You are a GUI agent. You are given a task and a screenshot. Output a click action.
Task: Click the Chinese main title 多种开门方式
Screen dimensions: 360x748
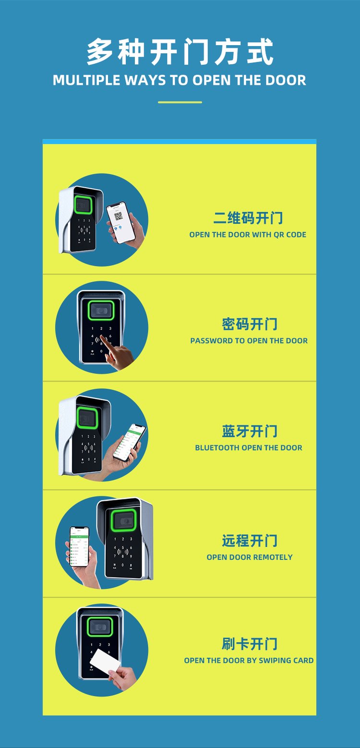click(180, 51)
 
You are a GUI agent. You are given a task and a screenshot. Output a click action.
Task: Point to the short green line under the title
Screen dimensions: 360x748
click(180, 102)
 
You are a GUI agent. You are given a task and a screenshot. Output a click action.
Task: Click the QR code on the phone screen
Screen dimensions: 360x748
click(119, 217)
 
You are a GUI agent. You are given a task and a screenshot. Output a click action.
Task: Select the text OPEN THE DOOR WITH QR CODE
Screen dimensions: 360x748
click(248, 235)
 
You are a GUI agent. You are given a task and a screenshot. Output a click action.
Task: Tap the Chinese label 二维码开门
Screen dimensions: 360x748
click(248, 218)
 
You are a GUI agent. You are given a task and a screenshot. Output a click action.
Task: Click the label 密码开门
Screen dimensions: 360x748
click(250, 324)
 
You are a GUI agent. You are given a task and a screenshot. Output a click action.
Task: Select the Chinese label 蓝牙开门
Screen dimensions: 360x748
click(250, 431)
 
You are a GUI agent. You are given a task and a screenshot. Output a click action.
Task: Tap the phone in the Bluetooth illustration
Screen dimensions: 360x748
click(129, 443)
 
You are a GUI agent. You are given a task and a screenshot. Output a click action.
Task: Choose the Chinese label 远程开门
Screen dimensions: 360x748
click(250, 540)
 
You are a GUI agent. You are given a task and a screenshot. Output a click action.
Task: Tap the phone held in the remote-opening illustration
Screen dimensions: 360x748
click(79, 546)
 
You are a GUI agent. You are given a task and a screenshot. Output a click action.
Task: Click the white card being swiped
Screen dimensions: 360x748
click(105, 662)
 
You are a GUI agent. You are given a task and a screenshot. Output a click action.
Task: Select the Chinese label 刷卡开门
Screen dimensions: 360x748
click(250, 643)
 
